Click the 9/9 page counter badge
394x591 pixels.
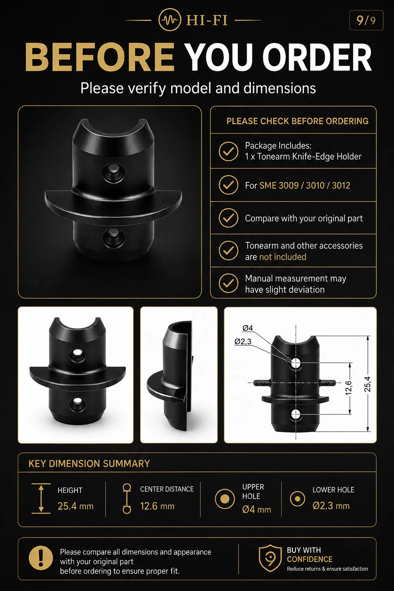pos(366,20)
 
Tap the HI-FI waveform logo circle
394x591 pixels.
pos(170,20)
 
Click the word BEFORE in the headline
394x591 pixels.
pos(100,57)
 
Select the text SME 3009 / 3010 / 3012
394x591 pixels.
pos(305,185)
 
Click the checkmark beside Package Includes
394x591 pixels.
pos(229,152)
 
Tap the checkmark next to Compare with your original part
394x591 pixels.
pos(229,218)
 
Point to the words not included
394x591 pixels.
pos(283,257)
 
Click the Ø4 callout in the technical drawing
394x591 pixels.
pos(247,328)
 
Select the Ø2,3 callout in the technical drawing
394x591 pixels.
pos(243,342)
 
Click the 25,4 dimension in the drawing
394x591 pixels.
pos(367,384)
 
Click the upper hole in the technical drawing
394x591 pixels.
pos(295,363)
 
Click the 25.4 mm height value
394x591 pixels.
pos(75,506)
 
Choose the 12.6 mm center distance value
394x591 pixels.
pos(157,506)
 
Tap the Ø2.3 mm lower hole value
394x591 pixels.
pos(331,506)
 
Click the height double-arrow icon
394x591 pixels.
pos(41,499)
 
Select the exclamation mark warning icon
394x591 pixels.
pos(41,558)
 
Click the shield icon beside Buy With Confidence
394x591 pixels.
pos(270,558)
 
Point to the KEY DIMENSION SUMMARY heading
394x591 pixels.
pos(89,464)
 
